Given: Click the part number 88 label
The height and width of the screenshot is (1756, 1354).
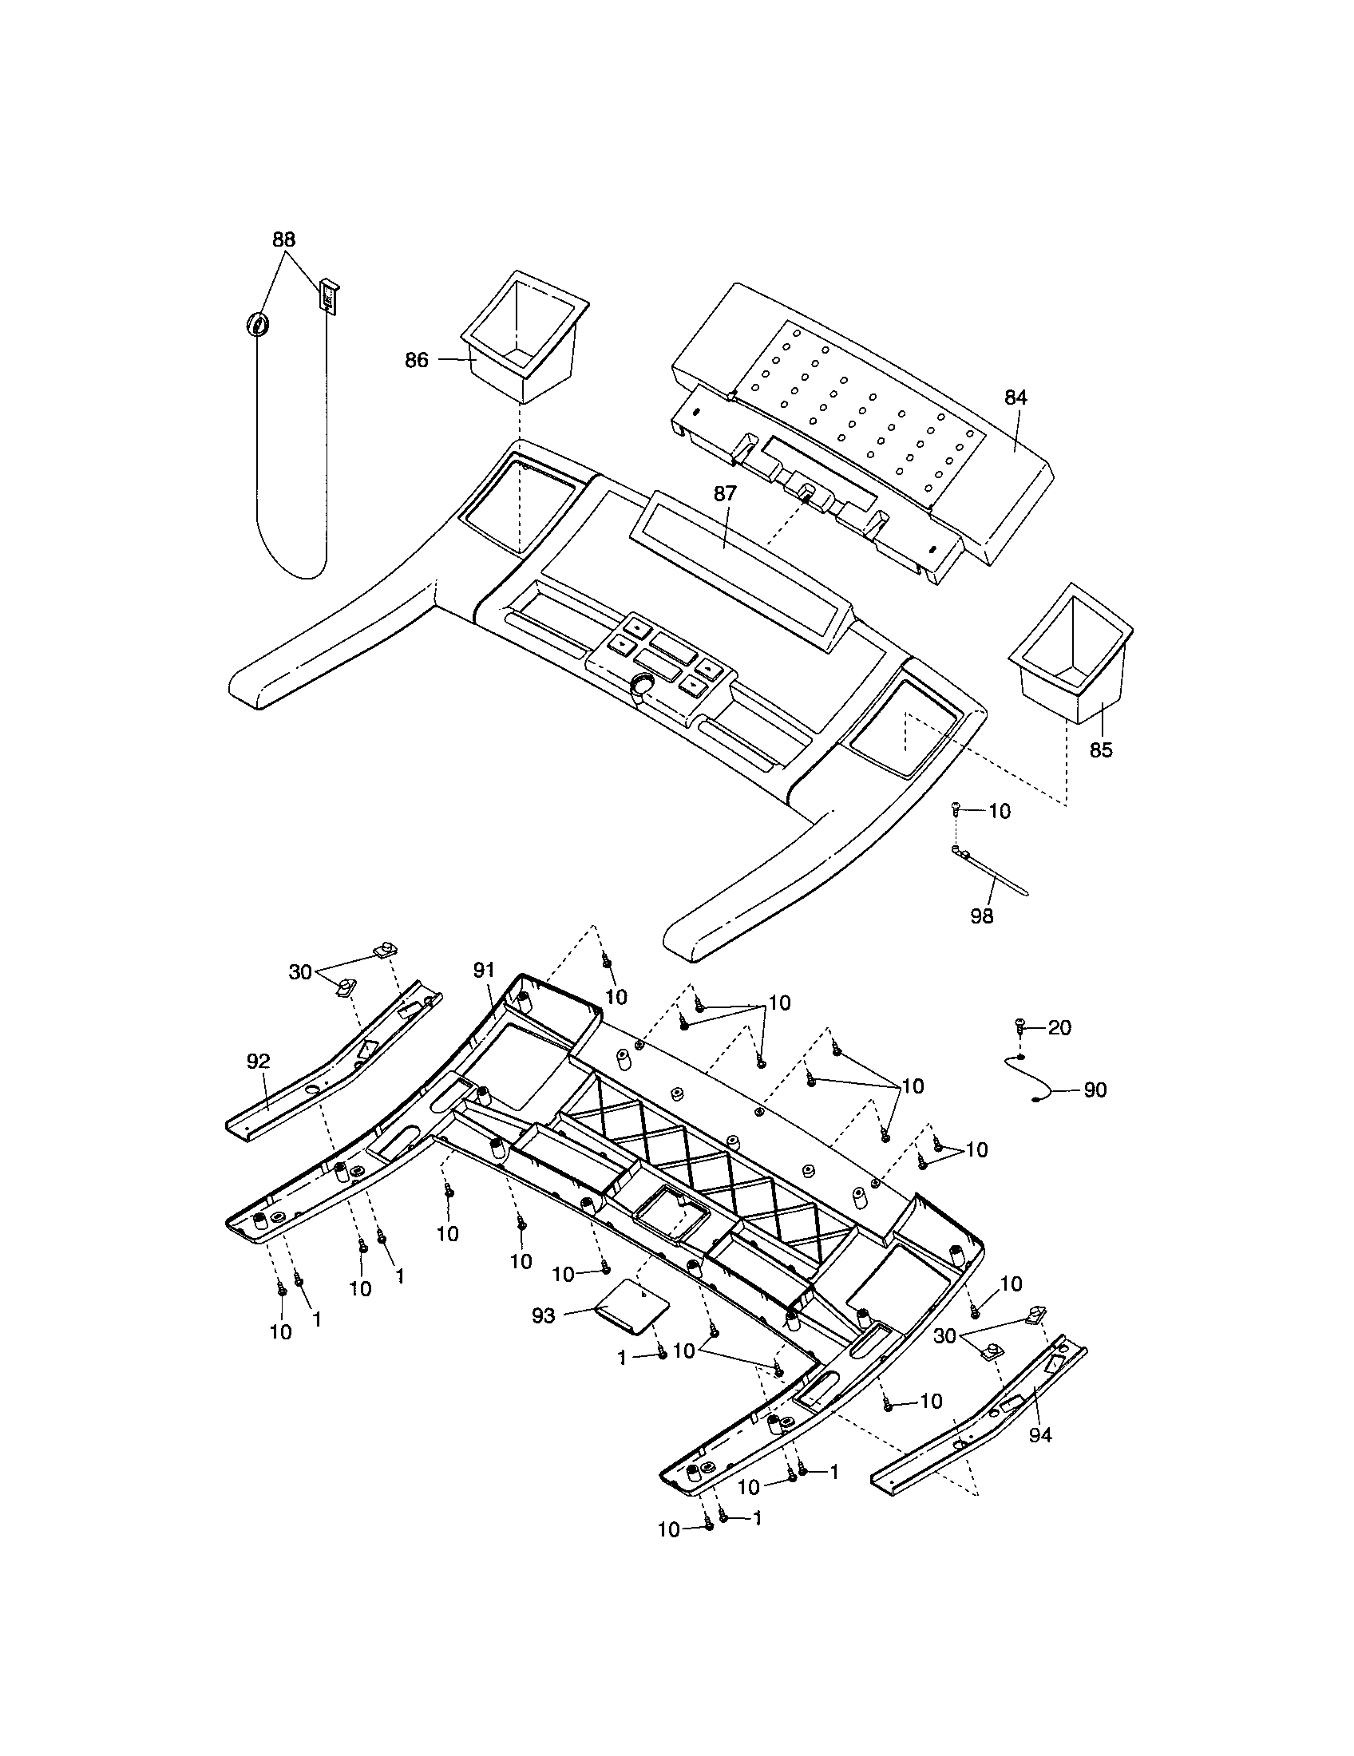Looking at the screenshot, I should (283, 239).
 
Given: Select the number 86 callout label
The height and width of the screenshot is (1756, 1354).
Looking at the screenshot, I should (416, 360).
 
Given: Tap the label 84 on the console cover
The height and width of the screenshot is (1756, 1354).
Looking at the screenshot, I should (1015, 397).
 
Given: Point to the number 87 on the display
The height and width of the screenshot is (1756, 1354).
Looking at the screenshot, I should (724, 493).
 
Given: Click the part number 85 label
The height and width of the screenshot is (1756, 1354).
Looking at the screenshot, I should (1101, 749).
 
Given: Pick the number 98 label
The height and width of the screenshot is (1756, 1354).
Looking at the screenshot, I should (982, 916).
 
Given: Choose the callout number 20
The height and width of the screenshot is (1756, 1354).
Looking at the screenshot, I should (1059, 1027).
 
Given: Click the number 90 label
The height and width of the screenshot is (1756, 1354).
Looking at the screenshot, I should (1095, 1090).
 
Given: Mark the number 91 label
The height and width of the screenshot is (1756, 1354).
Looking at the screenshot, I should (483, 971).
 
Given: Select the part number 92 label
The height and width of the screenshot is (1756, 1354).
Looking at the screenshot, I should (258, 1062).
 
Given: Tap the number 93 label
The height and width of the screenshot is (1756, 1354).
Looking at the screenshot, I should (544, 1316).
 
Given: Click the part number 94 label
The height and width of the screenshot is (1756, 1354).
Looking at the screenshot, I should (1039, 1435).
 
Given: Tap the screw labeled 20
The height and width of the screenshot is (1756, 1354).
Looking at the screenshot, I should (1019, 1025).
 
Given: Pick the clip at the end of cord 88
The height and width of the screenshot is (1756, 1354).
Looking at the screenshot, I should (329, 297).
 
